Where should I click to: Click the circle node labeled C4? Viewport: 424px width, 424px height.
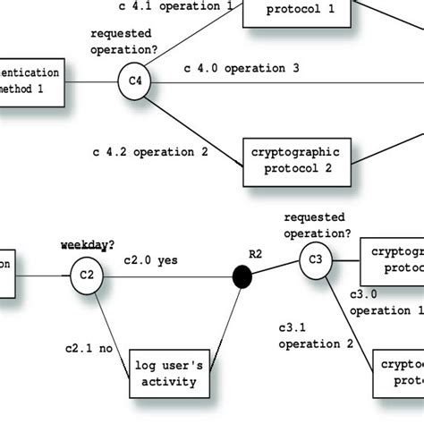135,82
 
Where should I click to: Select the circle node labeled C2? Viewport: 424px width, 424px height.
87,275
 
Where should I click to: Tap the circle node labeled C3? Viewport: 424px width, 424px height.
315,260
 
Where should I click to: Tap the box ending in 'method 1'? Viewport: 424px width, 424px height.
31,81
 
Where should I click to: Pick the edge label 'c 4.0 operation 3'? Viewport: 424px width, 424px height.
242,68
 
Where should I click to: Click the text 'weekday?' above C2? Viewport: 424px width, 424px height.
86,243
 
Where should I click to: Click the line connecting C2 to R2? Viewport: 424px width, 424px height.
170,276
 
